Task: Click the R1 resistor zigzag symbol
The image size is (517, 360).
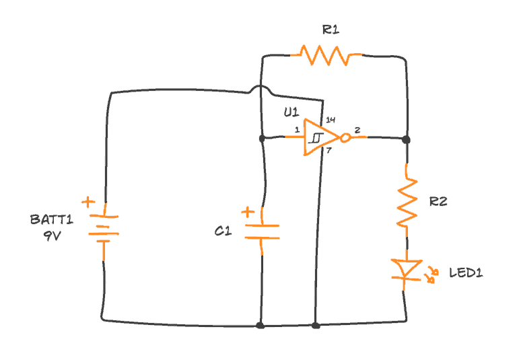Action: coord(326,55)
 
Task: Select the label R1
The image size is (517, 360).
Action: coord(331,30)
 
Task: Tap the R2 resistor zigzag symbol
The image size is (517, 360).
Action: coord(407,200)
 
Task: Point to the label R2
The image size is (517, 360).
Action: coord(438,201)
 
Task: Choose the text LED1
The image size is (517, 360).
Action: coord(466,273)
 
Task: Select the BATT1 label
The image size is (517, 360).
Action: coord(51,219)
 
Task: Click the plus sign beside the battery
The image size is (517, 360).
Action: coord(88,202)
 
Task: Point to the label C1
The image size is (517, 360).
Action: coord(223,231)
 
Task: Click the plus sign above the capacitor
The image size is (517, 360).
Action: coord(248,213)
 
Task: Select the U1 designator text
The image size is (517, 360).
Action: coord(291,112)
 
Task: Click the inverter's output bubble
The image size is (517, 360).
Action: coord(345,138)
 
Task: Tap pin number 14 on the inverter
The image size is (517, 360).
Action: coord(330,120)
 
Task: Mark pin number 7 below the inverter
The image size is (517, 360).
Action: coord(329,150)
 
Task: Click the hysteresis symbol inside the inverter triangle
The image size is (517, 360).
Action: coord(316,138)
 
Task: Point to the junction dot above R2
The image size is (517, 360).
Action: coord(406,139)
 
